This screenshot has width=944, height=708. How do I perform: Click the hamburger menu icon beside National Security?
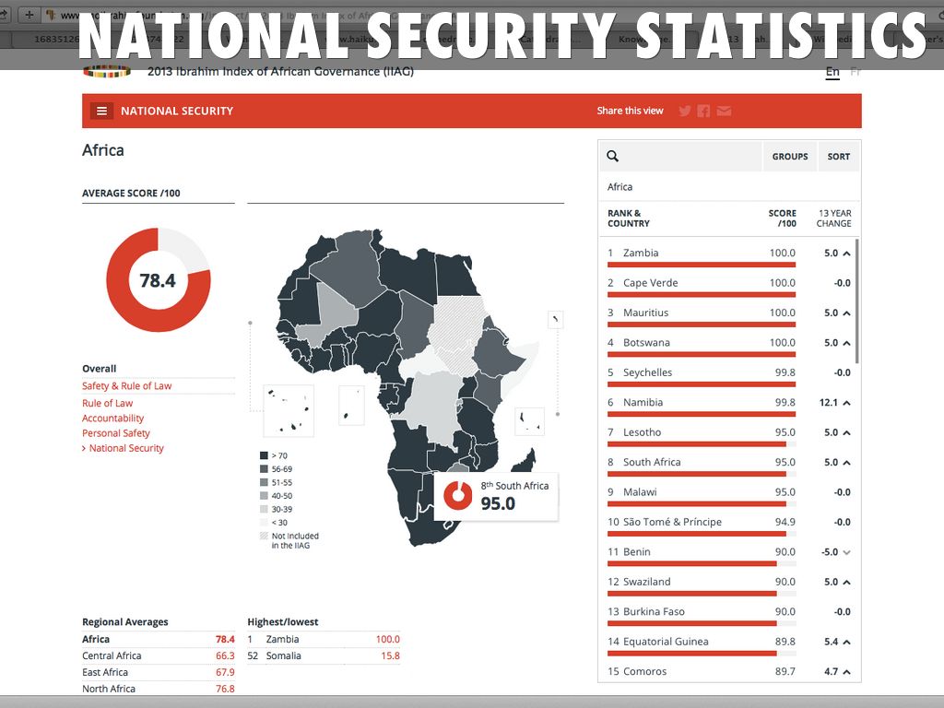point(101,111)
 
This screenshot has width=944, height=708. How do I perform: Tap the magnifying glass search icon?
point(613,157)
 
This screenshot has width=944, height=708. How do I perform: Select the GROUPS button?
point(790,157)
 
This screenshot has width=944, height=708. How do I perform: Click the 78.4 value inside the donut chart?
point(158,280)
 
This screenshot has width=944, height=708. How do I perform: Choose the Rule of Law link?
point(107,403)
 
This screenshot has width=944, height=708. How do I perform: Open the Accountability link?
point(112,418)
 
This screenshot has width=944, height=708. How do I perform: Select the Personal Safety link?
point(115,432)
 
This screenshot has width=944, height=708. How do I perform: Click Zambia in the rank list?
point(641,253)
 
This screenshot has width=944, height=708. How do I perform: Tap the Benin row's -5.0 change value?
point(830,551)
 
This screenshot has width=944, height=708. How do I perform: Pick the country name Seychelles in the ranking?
point(647,372)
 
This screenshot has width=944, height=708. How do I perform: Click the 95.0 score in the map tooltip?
point(498,503)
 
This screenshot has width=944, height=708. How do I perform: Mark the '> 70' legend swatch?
point(264,455)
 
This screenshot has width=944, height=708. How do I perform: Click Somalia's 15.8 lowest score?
point(389,655)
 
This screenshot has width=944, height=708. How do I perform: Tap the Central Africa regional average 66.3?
point(225,655)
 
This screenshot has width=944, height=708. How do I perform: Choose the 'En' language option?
point(832,72)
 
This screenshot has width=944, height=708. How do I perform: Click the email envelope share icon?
point(725,111)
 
